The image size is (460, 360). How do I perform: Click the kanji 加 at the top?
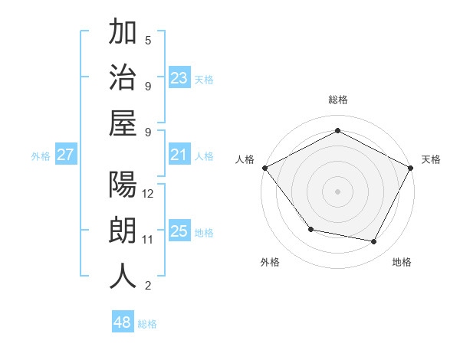123,34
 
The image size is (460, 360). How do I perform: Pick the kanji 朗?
123,231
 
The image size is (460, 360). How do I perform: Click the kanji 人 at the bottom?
123,276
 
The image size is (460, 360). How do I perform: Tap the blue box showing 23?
179,78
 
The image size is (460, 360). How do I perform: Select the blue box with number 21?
179,155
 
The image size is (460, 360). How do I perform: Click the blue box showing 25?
179,231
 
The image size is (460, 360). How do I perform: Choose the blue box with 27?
65,155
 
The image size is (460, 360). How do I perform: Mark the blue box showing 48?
122,322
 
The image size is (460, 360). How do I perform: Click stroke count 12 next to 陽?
148,194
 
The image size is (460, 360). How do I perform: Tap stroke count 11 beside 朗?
148,240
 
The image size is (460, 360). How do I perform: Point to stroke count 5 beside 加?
148,40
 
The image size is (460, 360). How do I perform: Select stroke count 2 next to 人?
148,286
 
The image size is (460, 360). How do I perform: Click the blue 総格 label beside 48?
147,324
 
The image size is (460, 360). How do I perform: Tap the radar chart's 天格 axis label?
431,159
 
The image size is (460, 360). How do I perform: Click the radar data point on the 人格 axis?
264,168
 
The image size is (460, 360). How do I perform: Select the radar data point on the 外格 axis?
310,229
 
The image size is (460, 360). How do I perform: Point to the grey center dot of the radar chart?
337,191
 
